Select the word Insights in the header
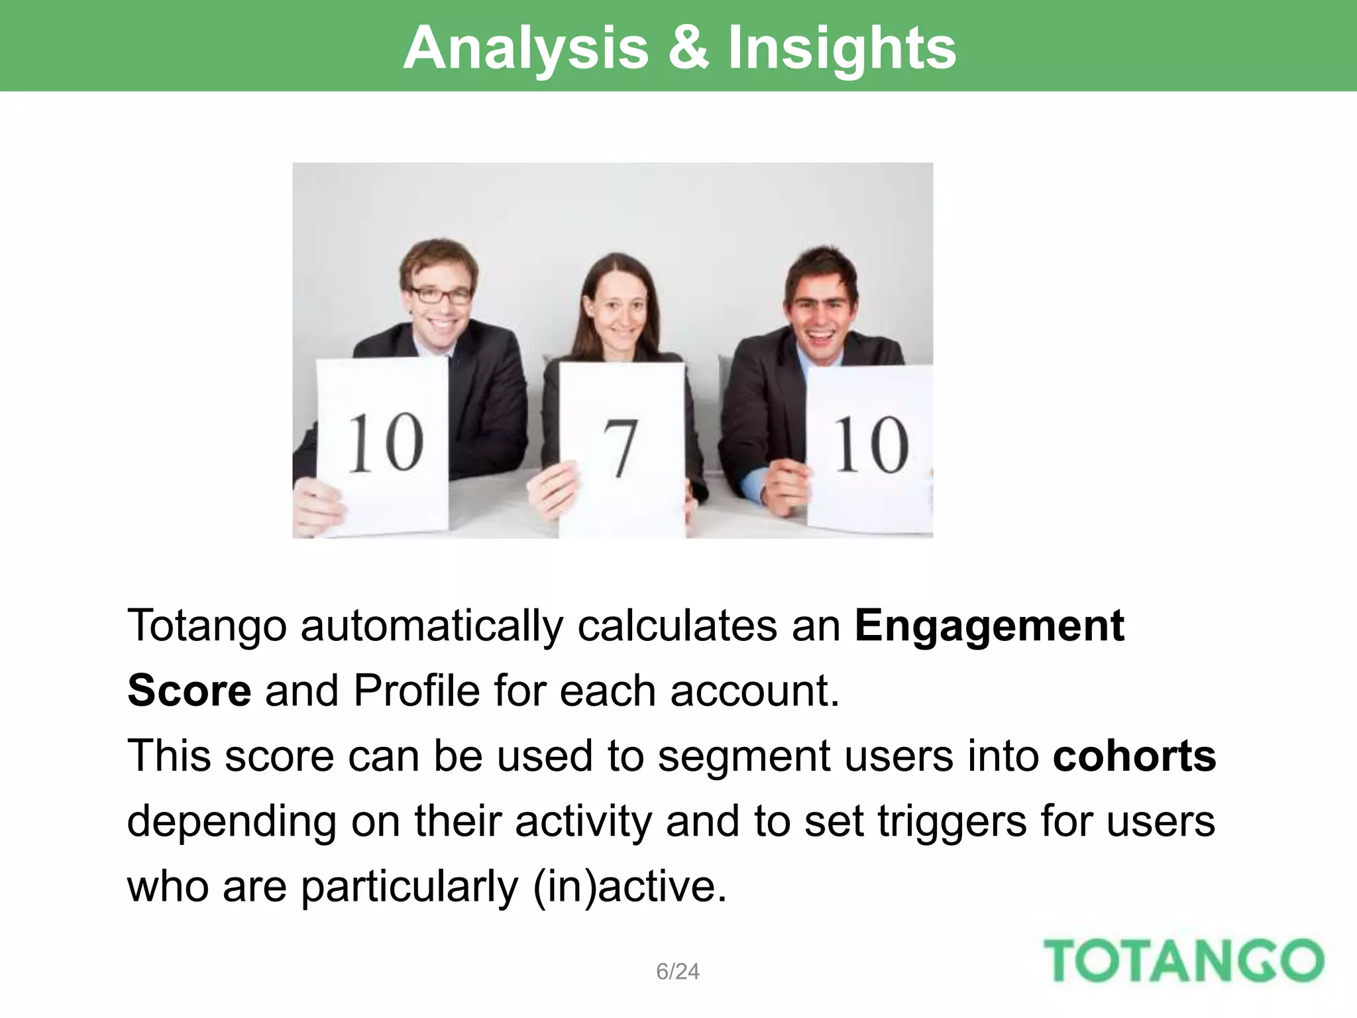tap(842, 48)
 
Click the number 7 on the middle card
tap(620, 448)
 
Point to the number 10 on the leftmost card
tap(386, 442)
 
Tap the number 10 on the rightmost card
tap(871, 445)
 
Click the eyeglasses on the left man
tap(441, 294)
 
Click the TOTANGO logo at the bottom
tap(1183, 960)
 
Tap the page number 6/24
tap(677, 971)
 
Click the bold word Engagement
tap(989, 625)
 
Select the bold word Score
tap(189, 690)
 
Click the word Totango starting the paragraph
tap(206, 625)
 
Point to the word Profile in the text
tap(416, 690)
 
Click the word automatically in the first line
tap(431, 625)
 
